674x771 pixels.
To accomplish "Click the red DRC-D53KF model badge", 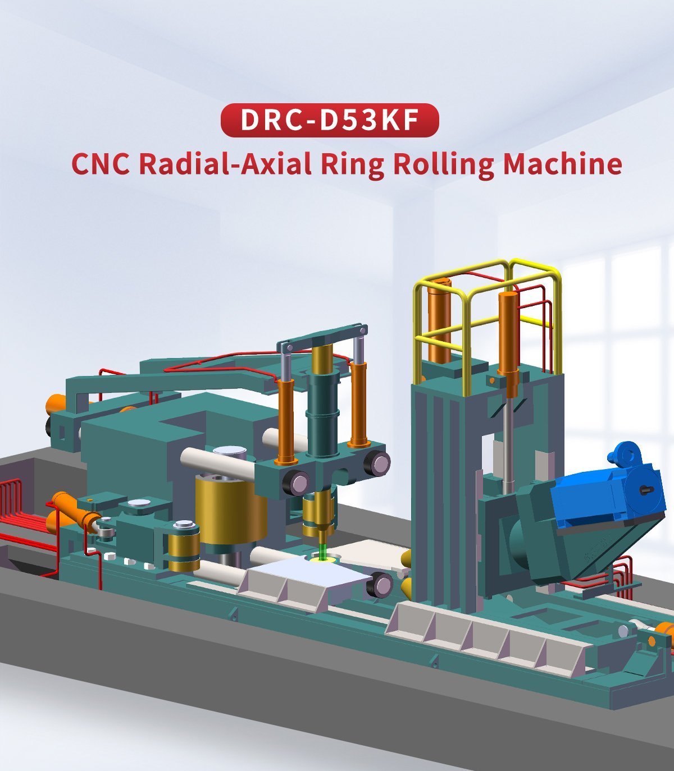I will (x=329, y=121).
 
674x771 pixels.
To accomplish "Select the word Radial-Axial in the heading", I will (x=225, y=164).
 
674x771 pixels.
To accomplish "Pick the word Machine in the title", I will (x=562, y=164).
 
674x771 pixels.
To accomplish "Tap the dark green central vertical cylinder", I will (x=322, y=412).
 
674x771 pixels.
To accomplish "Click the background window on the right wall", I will (x=618, y=337).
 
